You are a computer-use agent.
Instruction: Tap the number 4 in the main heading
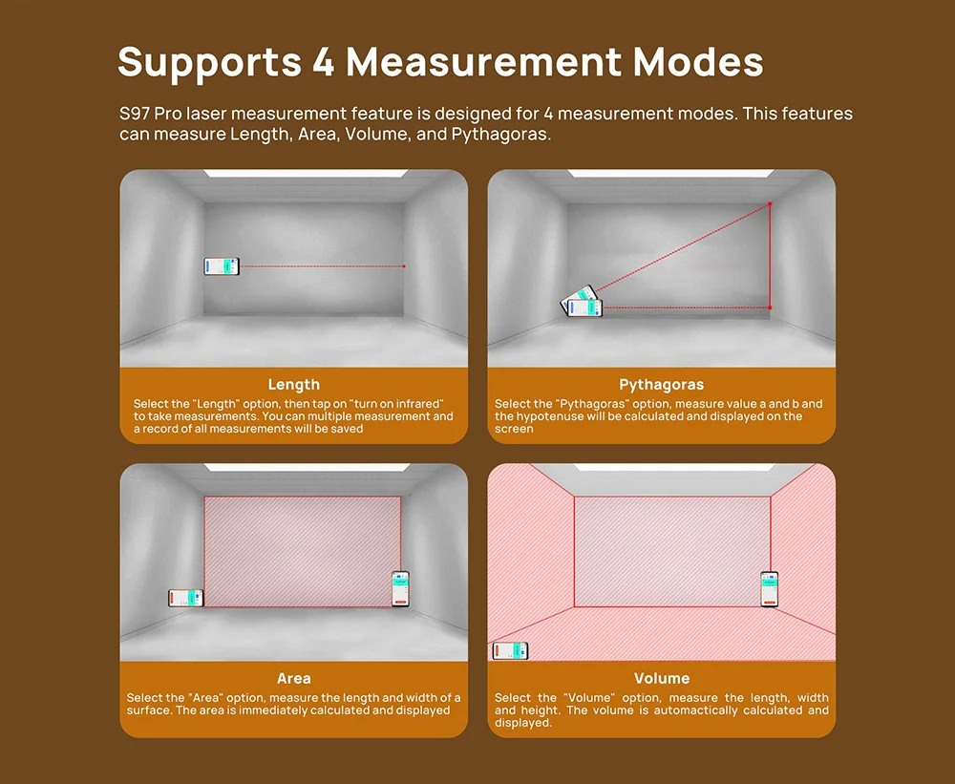pyautogui.click(x=322, y=62)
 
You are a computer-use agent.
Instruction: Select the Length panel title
pyautogui.click(x=294, y=385)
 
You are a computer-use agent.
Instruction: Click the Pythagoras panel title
pyautogui.click(x=661, y=385)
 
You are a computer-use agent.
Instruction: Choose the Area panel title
pyautogui.click(x=294, y=678)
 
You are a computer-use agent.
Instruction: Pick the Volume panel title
pyautogui.click(x=661, y=678)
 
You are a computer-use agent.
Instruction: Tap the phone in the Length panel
pyautogui.click(x=222, y=267)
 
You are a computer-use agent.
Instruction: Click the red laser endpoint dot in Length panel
pyautogui.click(x=405, y=266)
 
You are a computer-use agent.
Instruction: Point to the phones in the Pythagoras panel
pyautogui.click(x=582, y=303)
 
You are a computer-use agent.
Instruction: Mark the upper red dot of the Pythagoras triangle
pyautogui.click(x=770, y=204)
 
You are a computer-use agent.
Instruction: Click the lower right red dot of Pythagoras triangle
pyautogui.click(x=770, y=307)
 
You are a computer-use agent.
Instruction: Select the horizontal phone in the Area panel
pyautogui.click(x=186, y=598)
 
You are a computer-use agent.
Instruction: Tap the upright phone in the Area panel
pyautogui.click(x=400, y=588)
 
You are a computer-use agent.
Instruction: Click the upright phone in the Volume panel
pyautogui.click(x=769, y=589)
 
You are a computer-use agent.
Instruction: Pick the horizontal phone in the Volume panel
pyautogui.click(x=510, y=651)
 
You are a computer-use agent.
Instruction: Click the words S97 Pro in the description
pyautogui.click(x=150, y=114)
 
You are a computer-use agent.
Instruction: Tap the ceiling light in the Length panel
pyautogui.click(x=294, y=173)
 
